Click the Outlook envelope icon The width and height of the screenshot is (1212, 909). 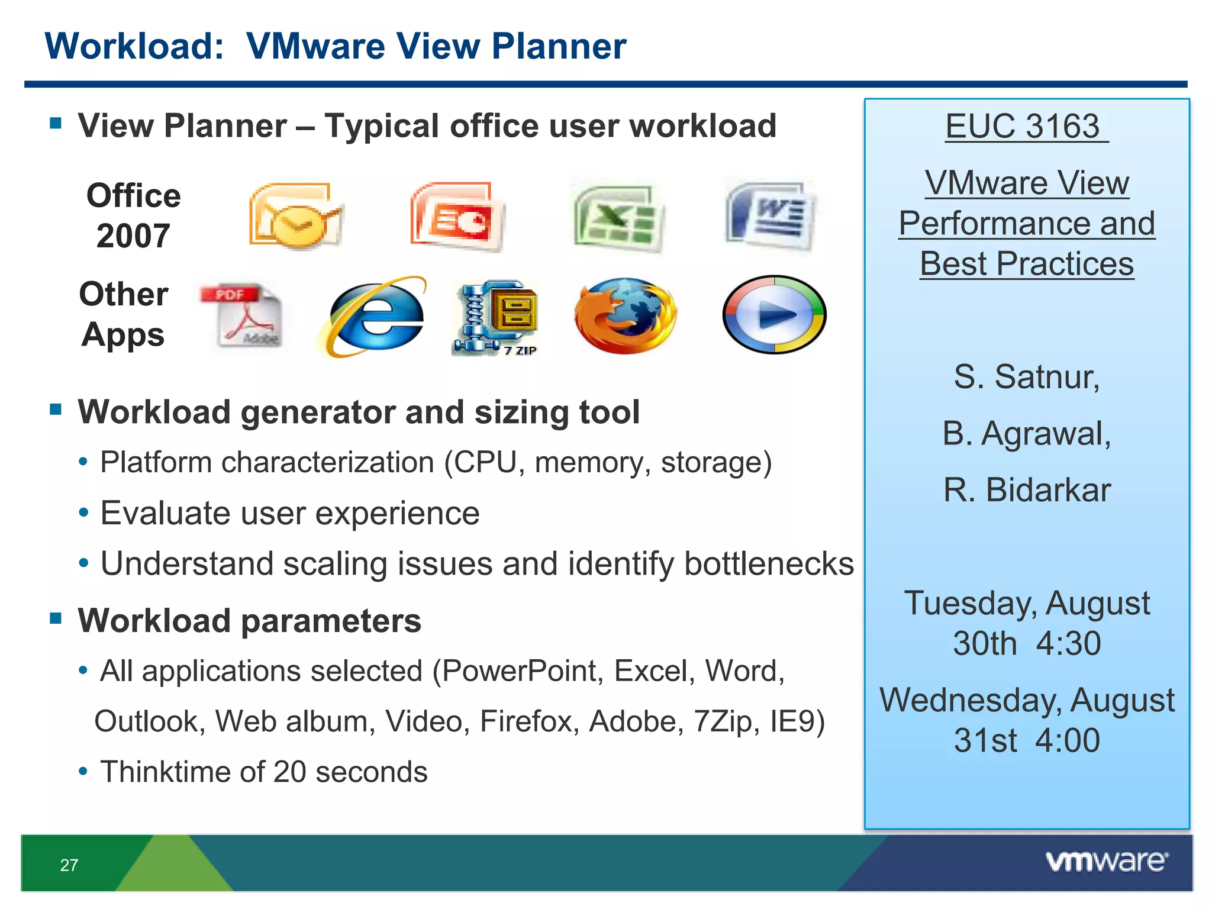[x=295, y=216]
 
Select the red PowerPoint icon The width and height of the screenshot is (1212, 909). [x=457, y=216]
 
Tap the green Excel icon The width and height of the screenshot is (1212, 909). [x=618, y=217]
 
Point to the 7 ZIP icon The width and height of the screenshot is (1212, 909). [x=496, y=317]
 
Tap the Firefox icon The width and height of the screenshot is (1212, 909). [x=625, y=315]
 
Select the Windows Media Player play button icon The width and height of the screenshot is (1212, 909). [x=774, y=314]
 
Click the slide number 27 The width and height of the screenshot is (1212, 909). [x=69, y=865]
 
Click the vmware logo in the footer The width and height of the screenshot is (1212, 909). [x=1107, y=861]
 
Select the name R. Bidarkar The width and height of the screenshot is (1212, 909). [x=1027, y=490]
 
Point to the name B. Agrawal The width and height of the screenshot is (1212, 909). [x=1027, y=433]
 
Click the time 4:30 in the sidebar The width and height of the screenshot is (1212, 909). [x=1068, y=643]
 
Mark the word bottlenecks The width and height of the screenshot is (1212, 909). [x=769, y=563]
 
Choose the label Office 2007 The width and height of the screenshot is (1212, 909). [x=133, y=215]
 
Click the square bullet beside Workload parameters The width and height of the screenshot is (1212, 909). [x=56, y=619]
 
